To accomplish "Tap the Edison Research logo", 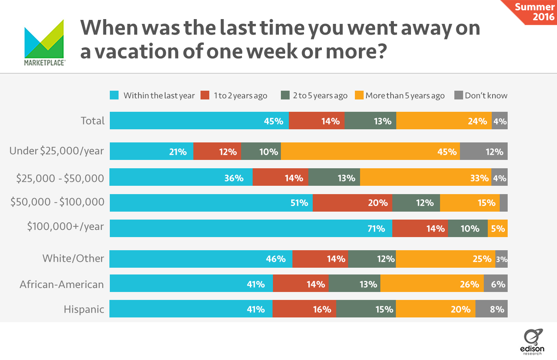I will point(532,342).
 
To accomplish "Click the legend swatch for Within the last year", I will point(114,95).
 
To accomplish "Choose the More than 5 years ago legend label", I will point(405,95).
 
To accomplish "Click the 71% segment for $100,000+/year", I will point(251,228).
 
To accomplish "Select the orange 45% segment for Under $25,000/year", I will point(370,152).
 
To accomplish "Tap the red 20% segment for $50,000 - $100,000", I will point(352,203).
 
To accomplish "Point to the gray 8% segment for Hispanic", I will point(491,309).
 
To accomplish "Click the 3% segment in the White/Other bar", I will point(501,259).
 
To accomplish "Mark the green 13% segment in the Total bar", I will point(370,121).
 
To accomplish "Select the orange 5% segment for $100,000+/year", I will point(497,228).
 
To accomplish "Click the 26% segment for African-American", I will point(432,284).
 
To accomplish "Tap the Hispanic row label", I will point(84,309).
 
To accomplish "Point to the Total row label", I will point(92,121).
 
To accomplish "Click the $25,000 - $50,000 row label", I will point(60,178).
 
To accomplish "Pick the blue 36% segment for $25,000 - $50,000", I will point(181,177).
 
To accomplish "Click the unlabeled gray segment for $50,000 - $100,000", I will point(503,203).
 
